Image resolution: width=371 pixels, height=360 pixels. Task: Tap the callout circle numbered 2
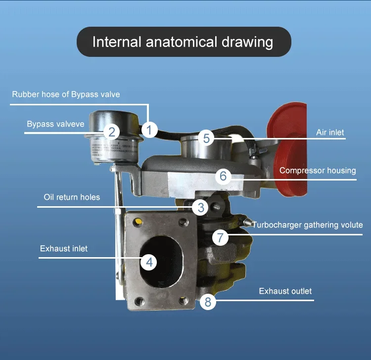point(112,132)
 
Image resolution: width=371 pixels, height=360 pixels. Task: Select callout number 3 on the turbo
point(200,208)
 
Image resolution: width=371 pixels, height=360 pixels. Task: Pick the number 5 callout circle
point(207,138)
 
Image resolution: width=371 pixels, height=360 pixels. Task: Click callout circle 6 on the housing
point(223,176)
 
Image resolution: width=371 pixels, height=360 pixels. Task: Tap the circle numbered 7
point(221,238)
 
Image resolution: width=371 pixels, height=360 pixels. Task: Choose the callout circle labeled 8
point(207,302)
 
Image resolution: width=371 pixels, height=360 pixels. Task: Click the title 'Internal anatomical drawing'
point(183,42)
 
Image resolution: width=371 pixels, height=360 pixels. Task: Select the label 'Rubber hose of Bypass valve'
point(66,94)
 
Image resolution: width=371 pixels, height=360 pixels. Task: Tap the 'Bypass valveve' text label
point(56,124)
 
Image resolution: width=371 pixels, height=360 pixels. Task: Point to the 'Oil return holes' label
point(72,197)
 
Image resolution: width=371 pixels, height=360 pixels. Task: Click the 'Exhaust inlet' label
point(64,248)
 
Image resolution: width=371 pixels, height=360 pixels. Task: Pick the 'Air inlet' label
point(330,133)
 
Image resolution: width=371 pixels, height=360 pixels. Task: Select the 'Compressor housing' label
point(318,171)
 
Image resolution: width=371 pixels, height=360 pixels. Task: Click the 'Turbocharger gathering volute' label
point(308,225)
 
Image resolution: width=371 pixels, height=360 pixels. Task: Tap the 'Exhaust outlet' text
point(285,291)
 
